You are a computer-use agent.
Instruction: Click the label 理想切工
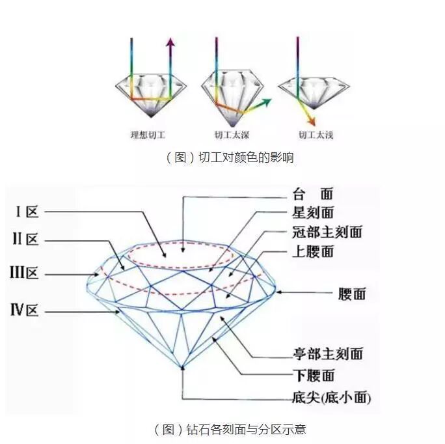(148, 136)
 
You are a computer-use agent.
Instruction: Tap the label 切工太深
(232, 136)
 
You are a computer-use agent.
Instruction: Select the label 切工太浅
(316, 136)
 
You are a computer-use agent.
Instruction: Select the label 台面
(313, 194)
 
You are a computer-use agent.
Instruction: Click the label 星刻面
(314, 213)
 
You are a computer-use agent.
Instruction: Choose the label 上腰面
(314, 251)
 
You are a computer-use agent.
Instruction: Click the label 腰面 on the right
(352, 294)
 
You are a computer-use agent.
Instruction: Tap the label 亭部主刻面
(327, 354)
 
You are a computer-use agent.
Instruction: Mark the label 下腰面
(314, 375)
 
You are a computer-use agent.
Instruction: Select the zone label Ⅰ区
(27, 212)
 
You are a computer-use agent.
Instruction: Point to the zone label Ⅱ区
(25, 240)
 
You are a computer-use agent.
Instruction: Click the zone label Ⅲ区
(24, 273)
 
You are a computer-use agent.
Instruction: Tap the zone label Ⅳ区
(25, 311)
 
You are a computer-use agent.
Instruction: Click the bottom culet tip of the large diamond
(184, 367)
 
